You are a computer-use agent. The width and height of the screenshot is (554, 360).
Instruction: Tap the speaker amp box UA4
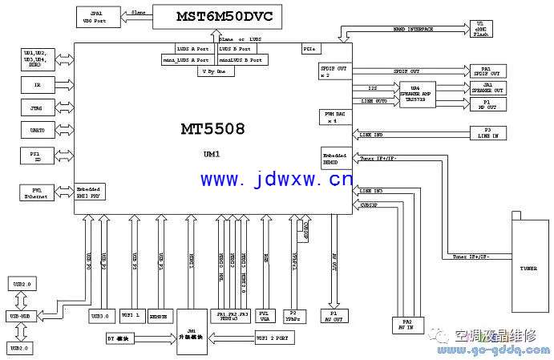414,92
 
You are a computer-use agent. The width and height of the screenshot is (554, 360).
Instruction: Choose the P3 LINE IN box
487,133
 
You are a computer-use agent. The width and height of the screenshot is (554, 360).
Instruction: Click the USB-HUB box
21,316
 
